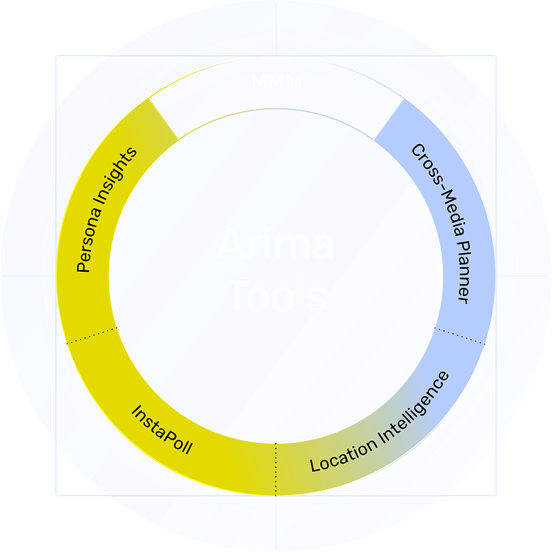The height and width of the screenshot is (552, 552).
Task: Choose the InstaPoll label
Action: [161, 429]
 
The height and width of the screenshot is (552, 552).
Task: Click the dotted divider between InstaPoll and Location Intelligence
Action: [276, 469]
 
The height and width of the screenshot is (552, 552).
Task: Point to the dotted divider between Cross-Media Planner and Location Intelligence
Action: [462, 336]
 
